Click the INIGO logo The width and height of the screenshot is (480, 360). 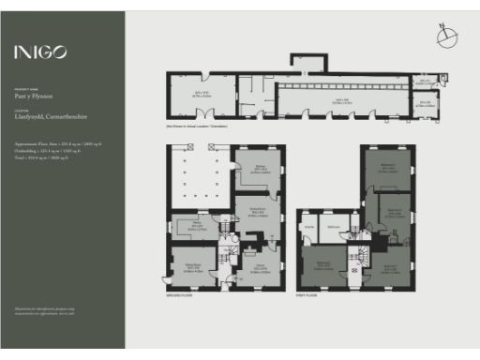click(x=39, y=52)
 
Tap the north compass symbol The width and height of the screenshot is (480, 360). click(x=445, y=37)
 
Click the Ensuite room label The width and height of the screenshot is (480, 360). click(x=308, y=226)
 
